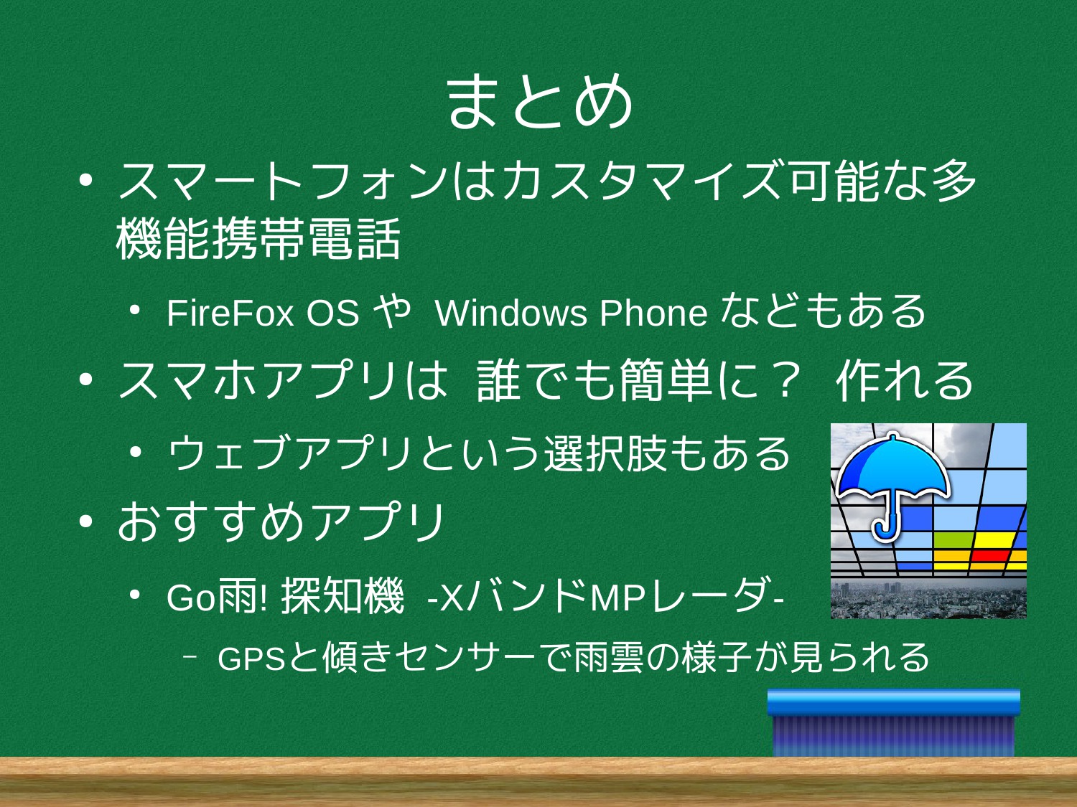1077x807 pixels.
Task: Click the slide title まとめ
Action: pyautogui.click(x=539, y=101)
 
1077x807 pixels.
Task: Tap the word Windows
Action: pyautogui.click(x=511, y=313)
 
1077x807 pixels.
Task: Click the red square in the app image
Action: pyautogui.click(x=990, y=556)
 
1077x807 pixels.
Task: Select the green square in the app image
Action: pyautogui.click(x=953, y=540)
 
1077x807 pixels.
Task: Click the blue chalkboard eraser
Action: pyautogui.click(x=893, y=722)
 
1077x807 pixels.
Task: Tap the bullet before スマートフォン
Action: pyautogui.click(x=85, y=181)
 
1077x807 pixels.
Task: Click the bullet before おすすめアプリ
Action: pyautogui.click(x=85, y=522)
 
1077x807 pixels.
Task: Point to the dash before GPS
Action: pyautogui.click(x=190, y=658)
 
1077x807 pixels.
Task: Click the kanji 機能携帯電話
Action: pyautogui.click(x=258, y=239)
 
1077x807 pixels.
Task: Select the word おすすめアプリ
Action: pyautogui.click(x=281, y=522)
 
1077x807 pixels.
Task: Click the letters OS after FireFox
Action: pyautogui.click(x=333, y=313)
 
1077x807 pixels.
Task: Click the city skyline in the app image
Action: pyautogui.click(x=928, y=600)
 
